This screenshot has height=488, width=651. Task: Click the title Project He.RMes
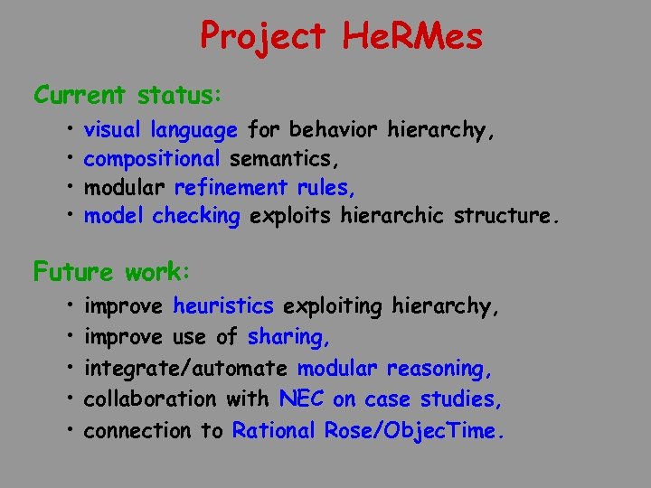341,36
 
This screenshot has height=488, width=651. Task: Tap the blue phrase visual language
160,131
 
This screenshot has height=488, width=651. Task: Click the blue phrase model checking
162,217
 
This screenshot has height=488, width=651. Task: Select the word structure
505,217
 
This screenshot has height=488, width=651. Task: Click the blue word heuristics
222,307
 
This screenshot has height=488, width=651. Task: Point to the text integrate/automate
185,369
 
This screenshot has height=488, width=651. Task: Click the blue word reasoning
439,369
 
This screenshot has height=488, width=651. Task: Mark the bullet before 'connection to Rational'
69,430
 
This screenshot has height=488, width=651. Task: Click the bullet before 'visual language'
69,131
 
